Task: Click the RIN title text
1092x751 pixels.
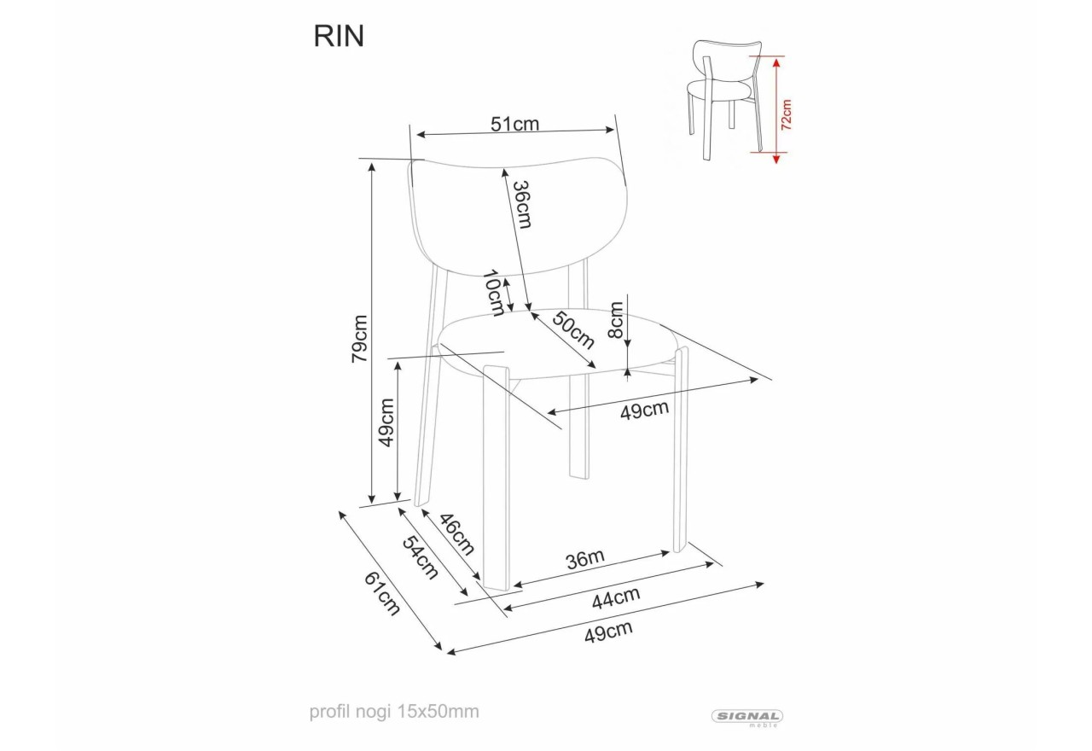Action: pyautogui.click(x=339, y=36)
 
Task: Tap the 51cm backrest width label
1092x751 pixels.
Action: pyautogui.click(x=514, y=124)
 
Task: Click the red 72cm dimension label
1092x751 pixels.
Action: pyautogui.click(x=786, y=113)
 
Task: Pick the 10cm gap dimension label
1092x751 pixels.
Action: pyautogui.click(x=492, y=293)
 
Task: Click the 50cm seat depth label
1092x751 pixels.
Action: pyautogui.click(x=572, y=329)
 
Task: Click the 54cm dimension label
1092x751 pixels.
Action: pyautogui.click(x=420, y=557)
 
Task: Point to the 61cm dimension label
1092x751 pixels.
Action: pyautogui.click(x=382, y=593)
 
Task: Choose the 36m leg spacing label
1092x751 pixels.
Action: pyautogui.click(x=585, y=560)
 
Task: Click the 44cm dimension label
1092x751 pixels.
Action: pyautogui.click(x=616, y=598)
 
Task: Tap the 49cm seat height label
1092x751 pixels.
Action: pyautogui.click(x=386, y=422)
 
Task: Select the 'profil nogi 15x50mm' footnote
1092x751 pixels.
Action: pyautogui.click(x=394, y=711)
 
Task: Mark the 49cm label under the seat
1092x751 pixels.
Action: pyautogui.click(x=644, y=410)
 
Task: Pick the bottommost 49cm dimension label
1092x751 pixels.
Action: pyautogui.click(x=608, y=632)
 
